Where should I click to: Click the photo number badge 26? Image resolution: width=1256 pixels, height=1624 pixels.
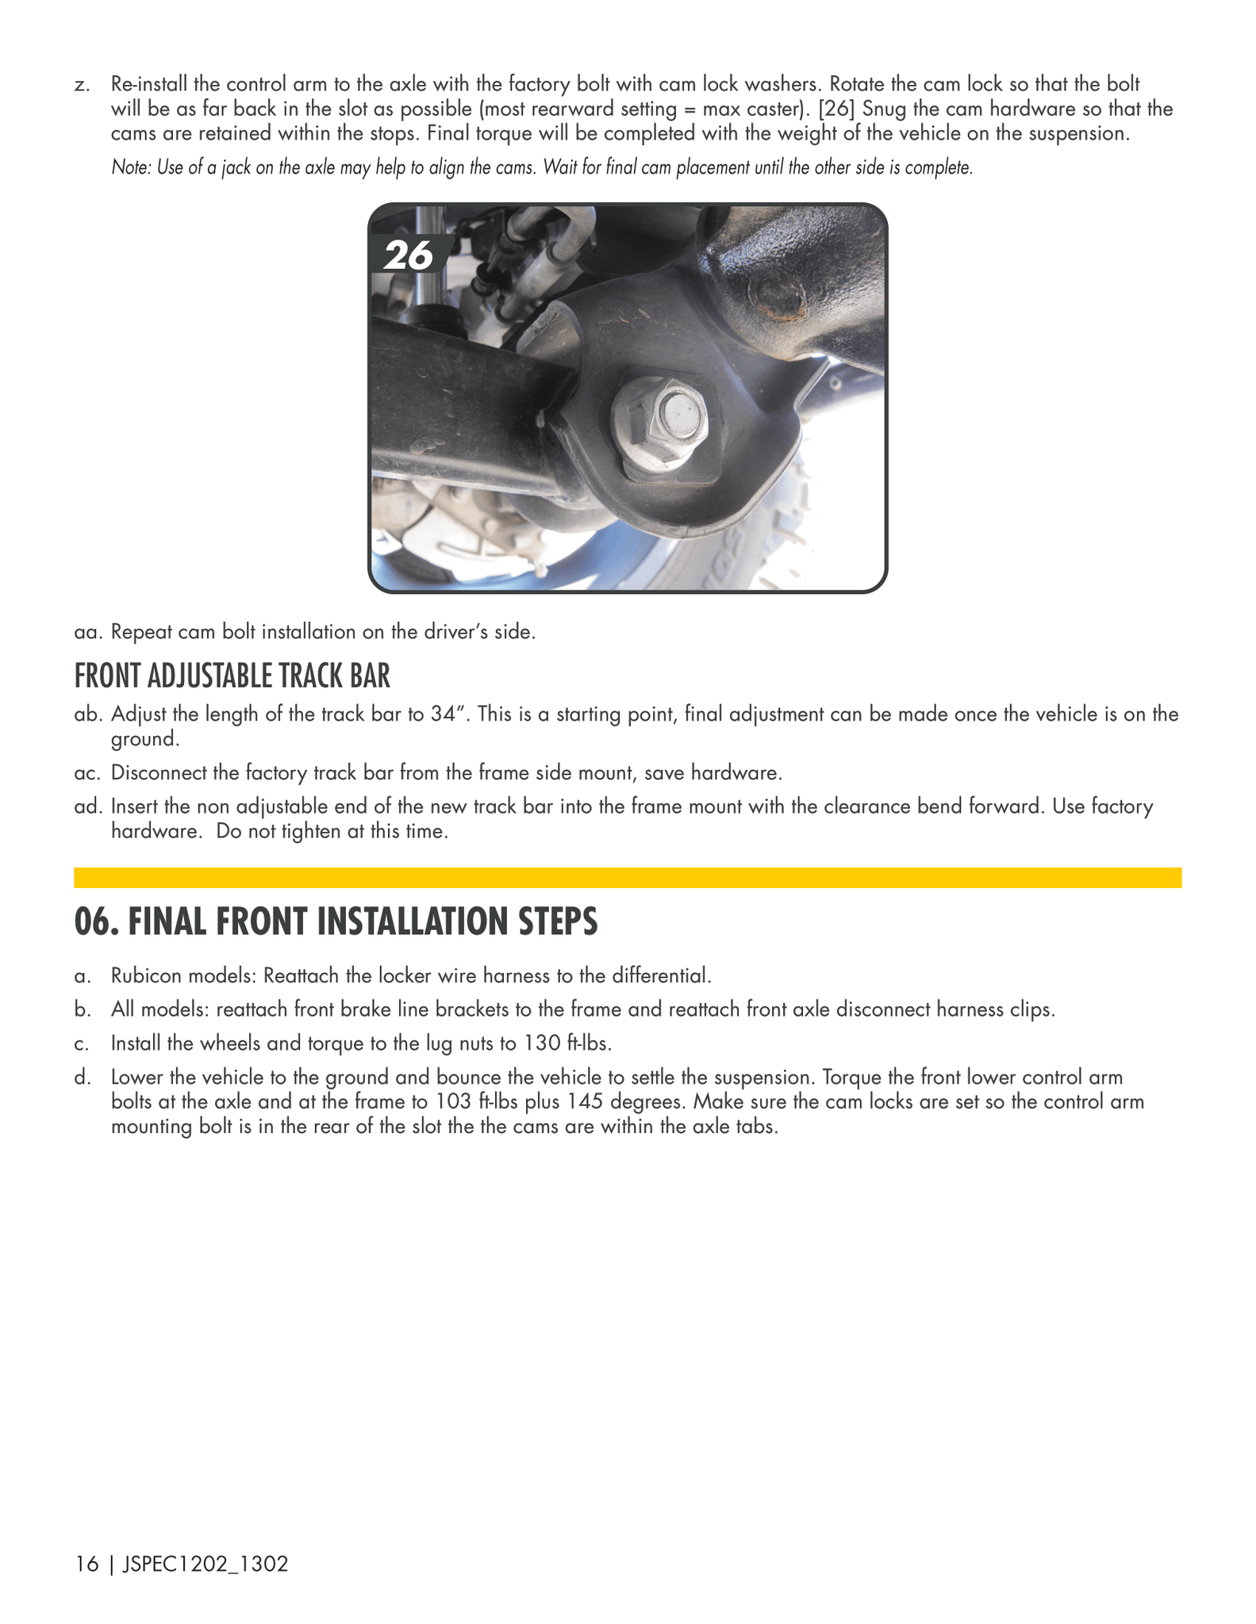tap(409, 255)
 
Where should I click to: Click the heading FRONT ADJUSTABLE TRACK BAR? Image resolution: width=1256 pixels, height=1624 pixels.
tap(232, 676)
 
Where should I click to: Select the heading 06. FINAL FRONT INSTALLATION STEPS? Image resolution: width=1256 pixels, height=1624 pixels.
tap(336, 921)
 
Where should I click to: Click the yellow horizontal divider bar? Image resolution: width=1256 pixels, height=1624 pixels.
tap(628, 877)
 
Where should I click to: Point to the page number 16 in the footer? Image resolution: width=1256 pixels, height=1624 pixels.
tap(86, 1565)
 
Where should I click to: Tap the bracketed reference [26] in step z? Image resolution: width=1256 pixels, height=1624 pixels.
tap(839, 109)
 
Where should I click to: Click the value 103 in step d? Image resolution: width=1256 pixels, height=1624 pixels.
tap(455, 1102)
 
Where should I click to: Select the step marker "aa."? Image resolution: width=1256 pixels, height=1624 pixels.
tap(90, 633)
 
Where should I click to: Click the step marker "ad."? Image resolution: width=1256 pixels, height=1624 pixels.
tap(90, 807)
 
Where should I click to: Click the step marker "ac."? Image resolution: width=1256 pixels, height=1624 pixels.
tap(90, 772)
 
